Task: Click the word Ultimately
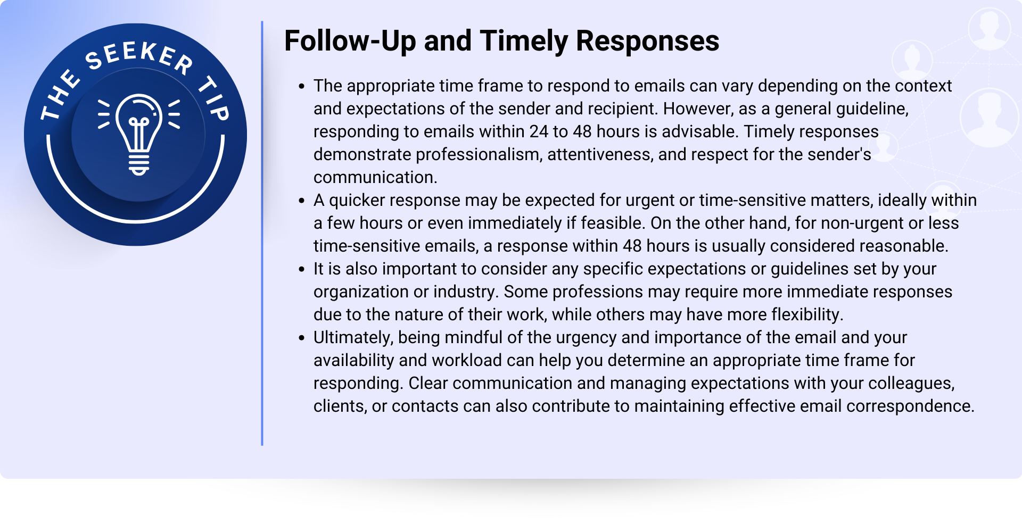pos(353,338)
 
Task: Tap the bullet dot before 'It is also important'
pos(302,269)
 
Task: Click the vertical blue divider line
pos(262,233)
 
